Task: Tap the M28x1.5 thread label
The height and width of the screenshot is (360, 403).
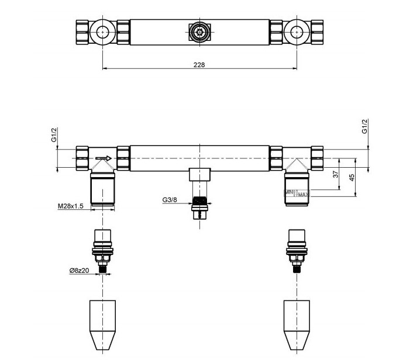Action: pos(70,206)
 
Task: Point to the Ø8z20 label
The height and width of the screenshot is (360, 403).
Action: pos(78,271)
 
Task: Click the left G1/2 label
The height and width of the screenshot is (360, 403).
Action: pos(53,136)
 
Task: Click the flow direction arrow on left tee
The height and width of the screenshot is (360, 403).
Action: pos(104,158)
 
